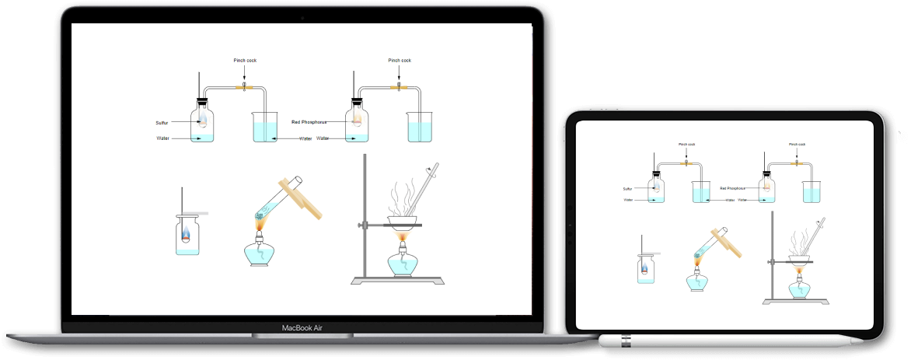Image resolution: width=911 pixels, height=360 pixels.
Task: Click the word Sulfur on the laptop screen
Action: [162, 123]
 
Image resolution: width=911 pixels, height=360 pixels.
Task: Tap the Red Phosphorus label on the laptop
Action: [309, 122]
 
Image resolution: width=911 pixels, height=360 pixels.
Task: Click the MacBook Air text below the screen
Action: [302, 328]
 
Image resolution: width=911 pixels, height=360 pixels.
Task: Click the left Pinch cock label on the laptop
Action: [245, 60]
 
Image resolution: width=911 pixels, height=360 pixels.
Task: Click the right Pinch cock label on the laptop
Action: [400, 60]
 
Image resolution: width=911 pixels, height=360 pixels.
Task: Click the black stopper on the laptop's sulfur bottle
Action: [203, 101]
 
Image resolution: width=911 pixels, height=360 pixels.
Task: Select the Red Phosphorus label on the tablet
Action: [734, 187]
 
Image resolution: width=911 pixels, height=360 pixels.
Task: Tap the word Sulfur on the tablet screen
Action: [627, 188]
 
